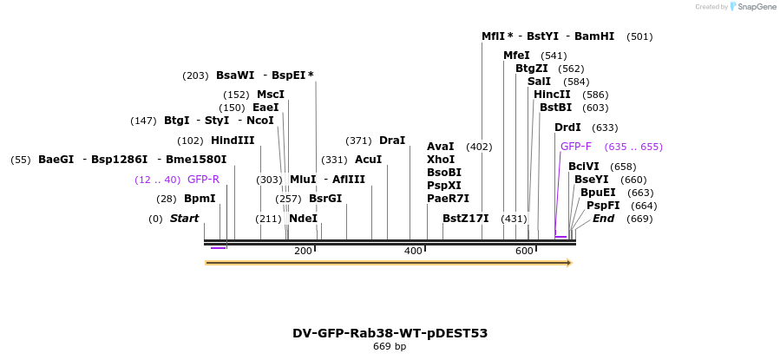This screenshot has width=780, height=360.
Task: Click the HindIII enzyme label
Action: tap(233, 141)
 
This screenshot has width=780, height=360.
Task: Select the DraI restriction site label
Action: tap(392, 141)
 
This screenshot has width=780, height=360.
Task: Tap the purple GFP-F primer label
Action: tap(576, 147)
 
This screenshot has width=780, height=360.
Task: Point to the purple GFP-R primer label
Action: tap(203, 180)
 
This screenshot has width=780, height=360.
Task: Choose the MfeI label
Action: tap(516, 56)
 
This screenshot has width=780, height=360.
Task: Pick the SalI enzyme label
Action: tap(539, 82)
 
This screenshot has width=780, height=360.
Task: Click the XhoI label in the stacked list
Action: tap(441, 160)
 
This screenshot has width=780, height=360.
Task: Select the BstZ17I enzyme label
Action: tap(466, 219)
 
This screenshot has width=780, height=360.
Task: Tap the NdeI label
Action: tap(304, 219)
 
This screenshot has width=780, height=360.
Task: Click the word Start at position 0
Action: tap(184, 219)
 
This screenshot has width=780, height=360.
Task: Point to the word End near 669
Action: tap(604, 219)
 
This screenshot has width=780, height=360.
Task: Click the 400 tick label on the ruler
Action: tap(413, 251)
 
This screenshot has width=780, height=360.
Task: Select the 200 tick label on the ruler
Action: tap(303, 251)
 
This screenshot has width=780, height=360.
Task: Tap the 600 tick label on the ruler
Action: tap(524, 251)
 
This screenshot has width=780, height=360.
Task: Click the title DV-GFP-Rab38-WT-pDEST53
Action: tap(390, 333)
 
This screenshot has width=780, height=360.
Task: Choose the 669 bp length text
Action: tap(390, 347)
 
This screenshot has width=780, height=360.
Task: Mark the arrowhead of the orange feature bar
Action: tap(569, 262)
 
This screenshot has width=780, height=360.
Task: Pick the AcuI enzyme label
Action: tap(368, 160)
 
